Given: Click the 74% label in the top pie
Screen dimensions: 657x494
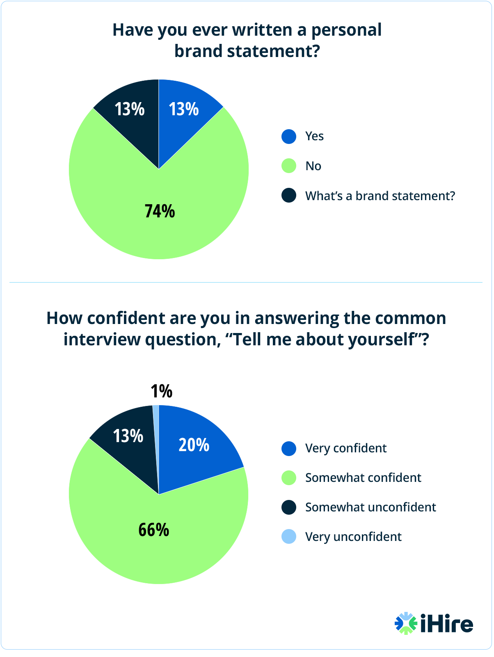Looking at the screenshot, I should click(160, 211).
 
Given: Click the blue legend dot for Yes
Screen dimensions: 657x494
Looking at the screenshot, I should click(289, 137).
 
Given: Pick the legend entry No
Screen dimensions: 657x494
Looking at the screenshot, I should click(313, 166).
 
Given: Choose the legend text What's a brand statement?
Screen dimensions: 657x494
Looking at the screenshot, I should click(380, 196).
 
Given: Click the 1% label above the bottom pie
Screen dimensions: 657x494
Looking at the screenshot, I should click(161, 391).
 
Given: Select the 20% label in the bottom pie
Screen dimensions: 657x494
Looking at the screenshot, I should click(194, 445).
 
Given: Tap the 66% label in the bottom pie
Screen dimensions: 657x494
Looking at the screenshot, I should click(153, 530).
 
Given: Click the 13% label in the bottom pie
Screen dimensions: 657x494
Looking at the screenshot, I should click(128, 436).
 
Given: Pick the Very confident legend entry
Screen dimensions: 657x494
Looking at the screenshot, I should click(345, 448).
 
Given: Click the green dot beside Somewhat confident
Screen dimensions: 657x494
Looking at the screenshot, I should click(289, 478).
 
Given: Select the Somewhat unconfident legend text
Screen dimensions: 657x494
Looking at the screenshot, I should click(370, 507).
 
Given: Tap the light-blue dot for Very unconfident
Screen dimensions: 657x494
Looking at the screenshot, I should click(289, 536).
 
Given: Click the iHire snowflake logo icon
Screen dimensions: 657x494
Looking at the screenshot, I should click(405, 623).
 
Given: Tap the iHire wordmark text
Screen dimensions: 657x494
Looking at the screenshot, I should click(446, 624).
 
